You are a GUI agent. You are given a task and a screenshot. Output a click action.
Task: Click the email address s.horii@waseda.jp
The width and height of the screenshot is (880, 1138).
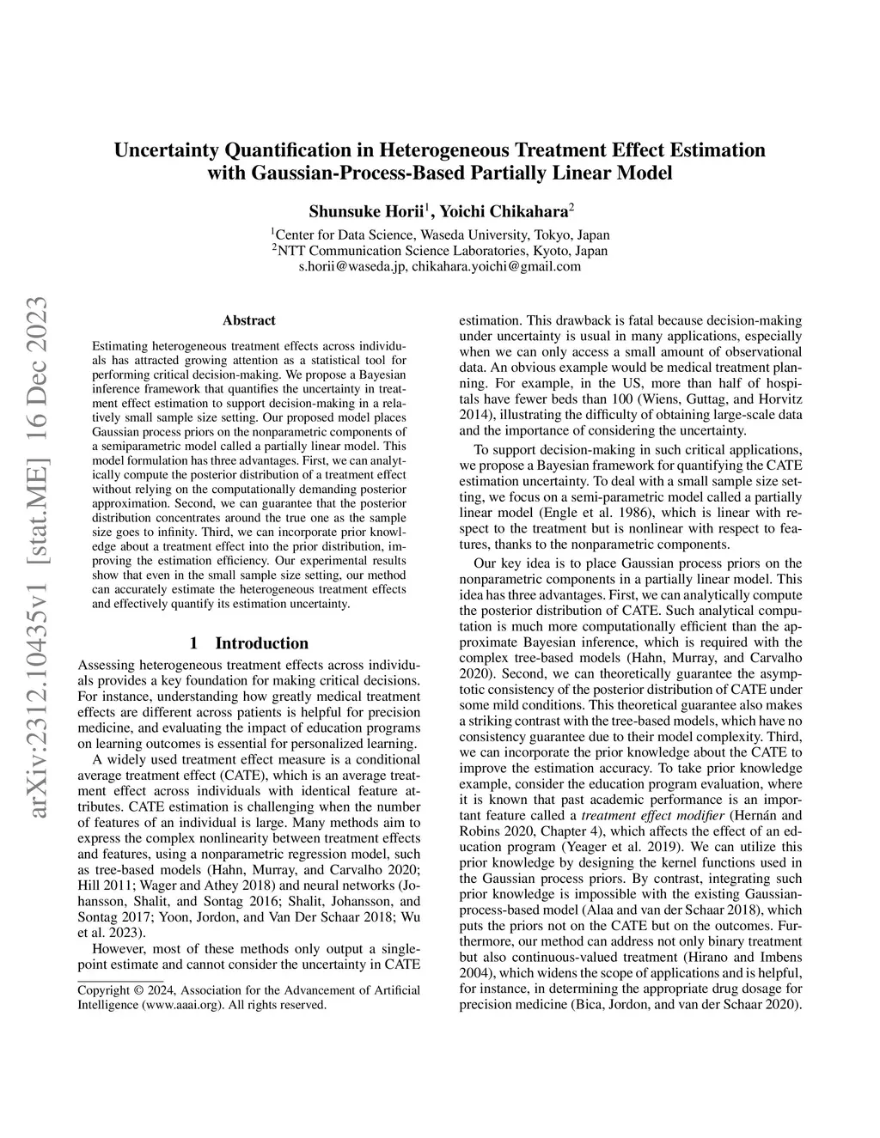tap(352, 266)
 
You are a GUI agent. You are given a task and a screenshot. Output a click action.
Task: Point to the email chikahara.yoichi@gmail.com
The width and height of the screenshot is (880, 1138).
tap(496, 266)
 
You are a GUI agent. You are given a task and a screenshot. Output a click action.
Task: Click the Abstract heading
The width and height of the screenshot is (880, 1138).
tap(248, 320)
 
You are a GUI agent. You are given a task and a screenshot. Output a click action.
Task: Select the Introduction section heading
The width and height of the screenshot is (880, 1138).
tap(261, 643)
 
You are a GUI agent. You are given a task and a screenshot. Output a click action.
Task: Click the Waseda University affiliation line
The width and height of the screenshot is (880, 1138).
tap(440, 234)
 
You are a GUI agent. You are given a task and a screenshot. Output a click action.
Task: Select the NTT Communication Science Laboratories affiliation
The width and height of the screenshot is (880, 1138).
tap(440, 251)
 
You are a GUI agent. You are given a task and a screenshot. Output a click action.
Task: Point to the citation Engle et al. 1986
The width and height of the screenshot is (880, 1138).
tap(577, 513)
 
